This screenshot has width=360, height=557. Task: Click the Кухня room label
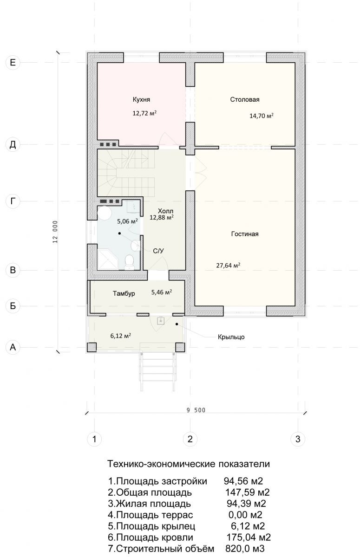click(141, 99)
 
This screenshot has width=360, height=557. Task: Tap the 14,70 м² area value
click(262, 116)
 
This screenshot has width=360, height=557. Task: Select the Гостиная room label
click(245, 234)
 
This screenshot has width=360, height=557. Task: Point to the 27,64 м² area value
click(228, 266)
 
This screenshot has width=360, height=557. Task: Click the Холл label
click(165, 211)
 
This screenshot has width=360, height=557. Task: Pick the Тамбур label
click(124, 293)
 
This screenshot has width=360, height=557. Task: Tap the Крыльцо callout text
click(231, 337)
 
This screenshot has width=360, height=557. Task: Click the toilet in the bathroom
click(129, 262)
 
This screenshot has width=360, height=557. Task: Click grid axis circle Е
click(13, 62)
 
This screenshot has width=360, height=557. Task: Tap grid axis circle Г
click(13, 201)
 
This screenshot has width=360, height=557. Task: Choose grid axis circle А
click(13, 347)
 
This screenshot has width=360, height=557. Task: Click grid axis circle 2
click(190, 439)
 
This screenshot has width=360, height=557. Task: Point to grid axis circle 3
click(298, 439)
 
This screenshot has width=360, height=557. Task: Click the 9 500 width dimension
click(196, 410)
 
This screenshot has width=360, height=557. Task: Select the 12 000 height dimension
click(55, 232)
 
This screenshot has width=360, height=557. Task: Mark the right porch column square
click(180, 347)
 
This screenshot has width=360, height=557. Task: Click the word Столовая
click(245, 99)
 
